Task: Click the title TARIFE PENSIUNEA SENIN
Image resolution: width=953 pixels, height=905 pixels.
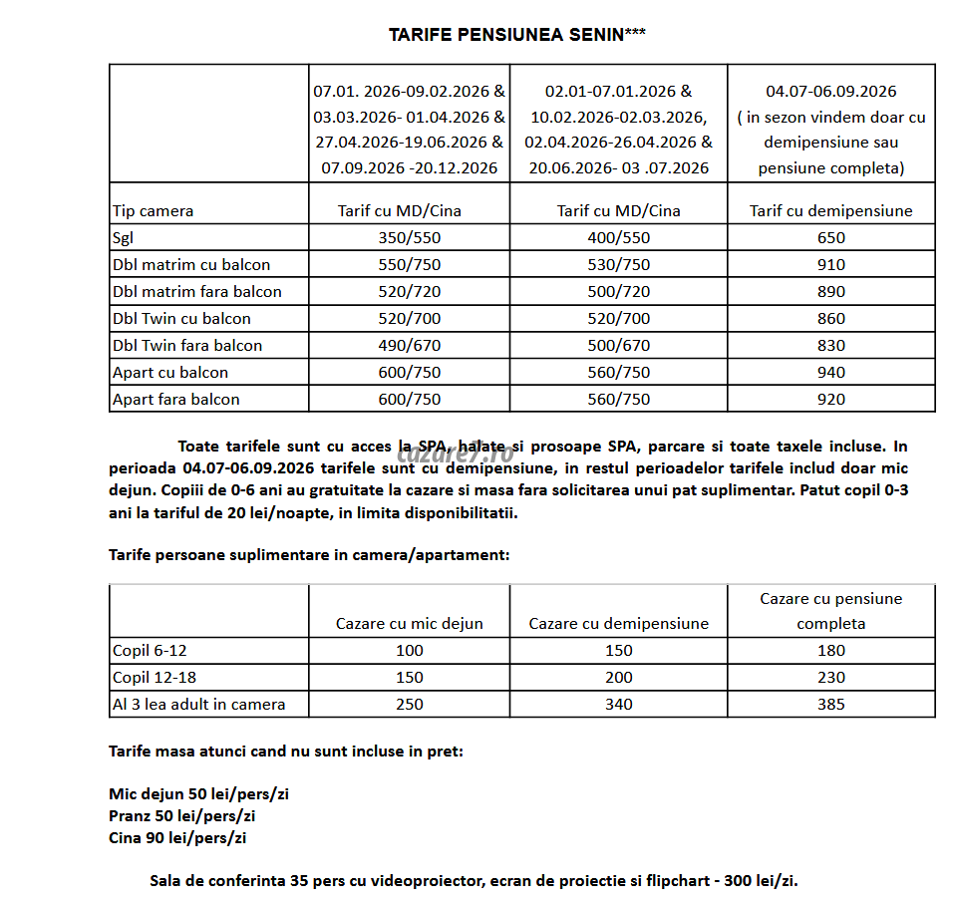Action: pos(516,34)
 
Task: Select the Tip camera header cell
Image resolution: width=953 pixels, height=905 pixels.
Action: pos(154,210)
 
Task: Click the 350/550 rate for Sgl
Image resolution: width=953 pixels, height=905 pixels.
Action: pos(409,237)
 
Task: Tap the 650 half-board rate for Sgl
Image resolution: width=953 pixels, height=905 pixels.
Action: pos(830,237)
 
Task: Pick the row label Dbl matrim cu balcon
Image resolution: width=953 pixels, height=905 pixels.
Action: pos(191,264)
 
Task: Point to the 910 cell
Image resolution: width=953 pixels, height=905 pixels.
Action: pos(830,264)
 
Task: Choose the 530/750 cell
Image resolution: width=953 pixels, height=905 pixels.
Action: pos(618,264)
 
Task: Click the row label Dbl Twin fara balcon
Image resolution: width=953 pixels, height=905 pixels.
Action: pos(187,345)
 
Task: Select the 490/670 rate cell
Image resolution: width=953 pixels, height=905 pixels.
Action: pos(409,345)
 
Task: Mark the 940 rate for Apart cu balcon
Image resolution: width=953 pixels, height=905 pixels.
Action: pos(830,372)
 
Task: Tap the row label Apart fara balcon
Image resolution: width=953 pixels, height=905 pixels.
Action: pos(176,399)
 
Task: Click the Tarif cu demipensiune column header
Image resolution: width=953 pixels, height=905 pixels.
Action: pos(830,210)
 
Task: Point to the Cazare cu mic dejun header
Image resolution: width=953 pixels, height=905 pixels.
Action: pos(409,623)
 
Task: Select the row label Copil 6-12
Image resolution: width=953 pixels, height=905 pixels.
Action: pos(151,650)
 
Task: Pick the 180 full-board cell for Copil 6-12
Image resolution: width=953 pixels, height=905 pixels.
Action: pos(830,650)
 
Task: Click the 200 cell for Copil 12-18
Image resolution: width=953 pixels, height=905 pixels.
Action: pos(618,677)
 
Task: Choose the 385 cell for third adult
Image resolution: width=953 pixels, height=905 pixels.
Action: pos(830,704)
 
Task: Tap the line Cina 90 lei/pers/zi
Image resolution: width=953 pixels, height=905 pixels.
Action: pos(177,837)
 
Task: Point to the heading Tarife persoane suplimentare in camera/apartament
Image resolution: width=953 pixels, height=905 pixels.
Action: pos(309,554)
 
